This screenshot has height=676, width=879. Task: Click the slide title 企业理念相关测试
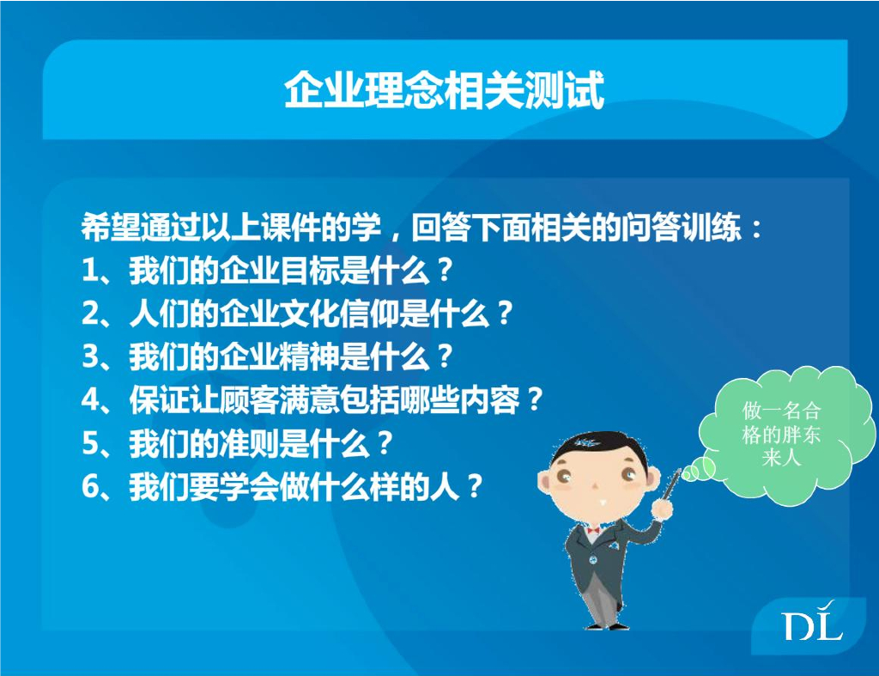(x=444, y=89)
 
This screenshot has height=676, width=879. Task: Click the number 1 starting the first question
(x=89, y=271)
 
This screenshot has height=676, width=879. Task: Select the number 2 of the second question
(x=89, y=314)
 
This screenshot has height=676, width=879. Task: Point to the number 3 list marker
(x=89, y=356)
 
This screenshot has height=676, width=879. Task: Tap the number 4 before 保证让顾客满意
(x=89, y=400)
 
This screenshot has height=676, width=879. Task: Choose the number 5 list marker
(x=89, y=443)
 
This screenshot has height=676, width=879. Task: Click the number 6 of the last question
(x=89, y=486)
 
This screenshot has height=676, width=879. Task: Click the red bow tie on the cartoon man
(x=592, y=530)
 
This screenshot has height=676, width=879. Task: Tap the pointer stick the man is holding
(x=672, y=484)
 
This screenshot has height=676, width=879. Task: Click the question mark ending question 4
(x=534, y=400)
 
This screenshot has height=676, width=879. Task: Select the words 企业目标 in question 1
(x=279, y=271)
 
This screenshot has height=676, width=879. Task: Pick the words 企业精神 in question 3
(x=279, y=356)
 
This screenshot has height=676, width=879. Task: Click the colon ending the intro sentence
(x=757, y=228)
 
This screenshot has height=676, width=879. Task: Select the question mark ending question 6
(x=474, y=486)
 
